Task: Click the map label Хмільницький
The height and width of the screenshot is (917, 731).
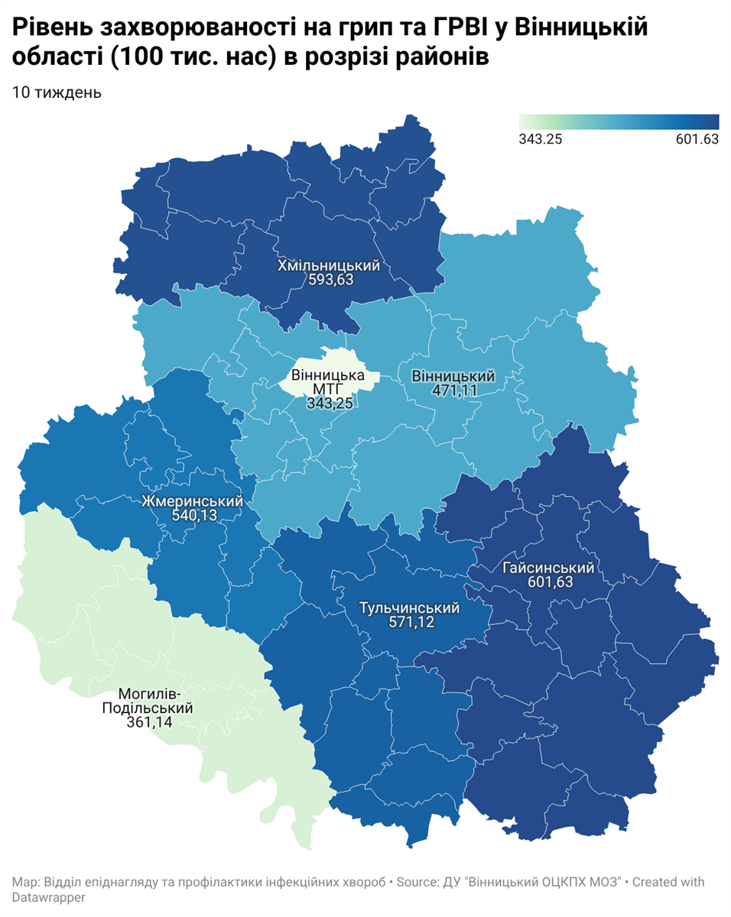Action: click(329, 266)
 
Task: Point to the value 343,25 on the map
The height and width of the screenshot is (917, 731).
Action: click(329, 403)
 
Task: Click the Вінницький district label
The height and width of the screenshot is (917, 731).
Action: click(453, 377)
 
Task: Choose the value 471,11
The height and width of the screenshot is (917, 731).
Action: click(453, 390)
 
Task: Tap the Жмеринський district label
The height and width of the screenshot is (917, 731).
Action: click(192, 502)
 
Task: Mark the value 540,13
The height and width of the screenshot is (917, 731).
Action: click(193, 516)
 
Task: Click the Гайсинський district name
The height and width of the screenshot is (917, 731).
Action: click(549, 569)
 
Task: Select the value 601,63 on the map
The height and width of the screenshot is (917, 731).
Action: click(549, 582)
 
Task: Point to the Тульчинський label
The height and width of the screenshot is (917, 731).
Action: click(409, 608)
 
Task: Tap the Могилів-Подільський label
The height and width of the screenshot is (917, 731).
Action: click(148, 702)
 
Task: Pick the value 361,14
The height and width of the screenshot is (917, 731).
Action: click(148, 722)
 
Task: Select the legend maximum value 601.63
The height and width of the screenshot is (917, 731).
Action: click(695, 139)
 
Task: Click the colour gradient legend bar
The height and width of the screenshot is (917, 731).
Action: click(619, 122)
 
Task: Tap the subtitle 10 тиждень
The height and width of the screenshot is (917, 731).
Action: click(57, 92)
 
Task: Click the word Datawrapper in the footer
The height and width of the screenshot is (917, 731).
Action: click(48, 897)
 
